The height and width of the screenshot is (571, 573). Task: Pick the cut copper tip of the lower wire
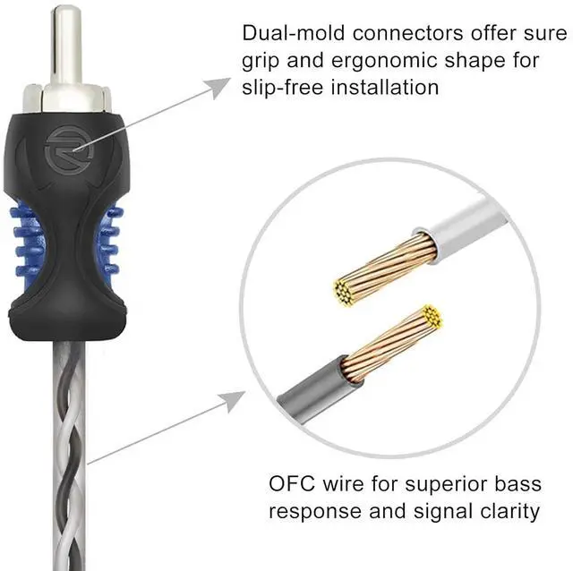433,314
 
